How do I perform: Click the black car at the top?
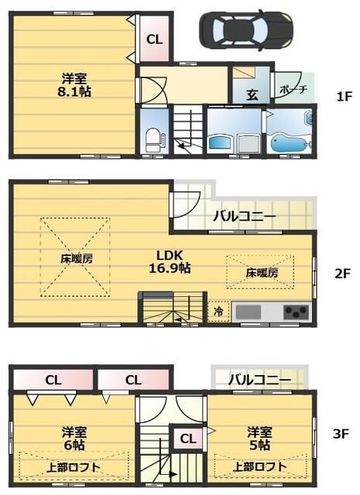pos(247,30)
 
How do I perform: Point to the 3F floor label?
pos(341,434)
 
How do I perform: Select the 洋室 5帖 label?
pos(259,438)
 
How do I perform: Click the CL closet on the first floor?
pos(154,39)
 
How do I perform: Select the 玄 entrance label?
pos(252,96)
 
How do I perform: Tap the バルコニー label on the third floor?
pos(260,380)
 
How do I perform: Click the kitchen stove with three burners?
pos(295,312)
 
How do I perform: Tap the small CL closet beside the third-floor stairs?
pos(187,439)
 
